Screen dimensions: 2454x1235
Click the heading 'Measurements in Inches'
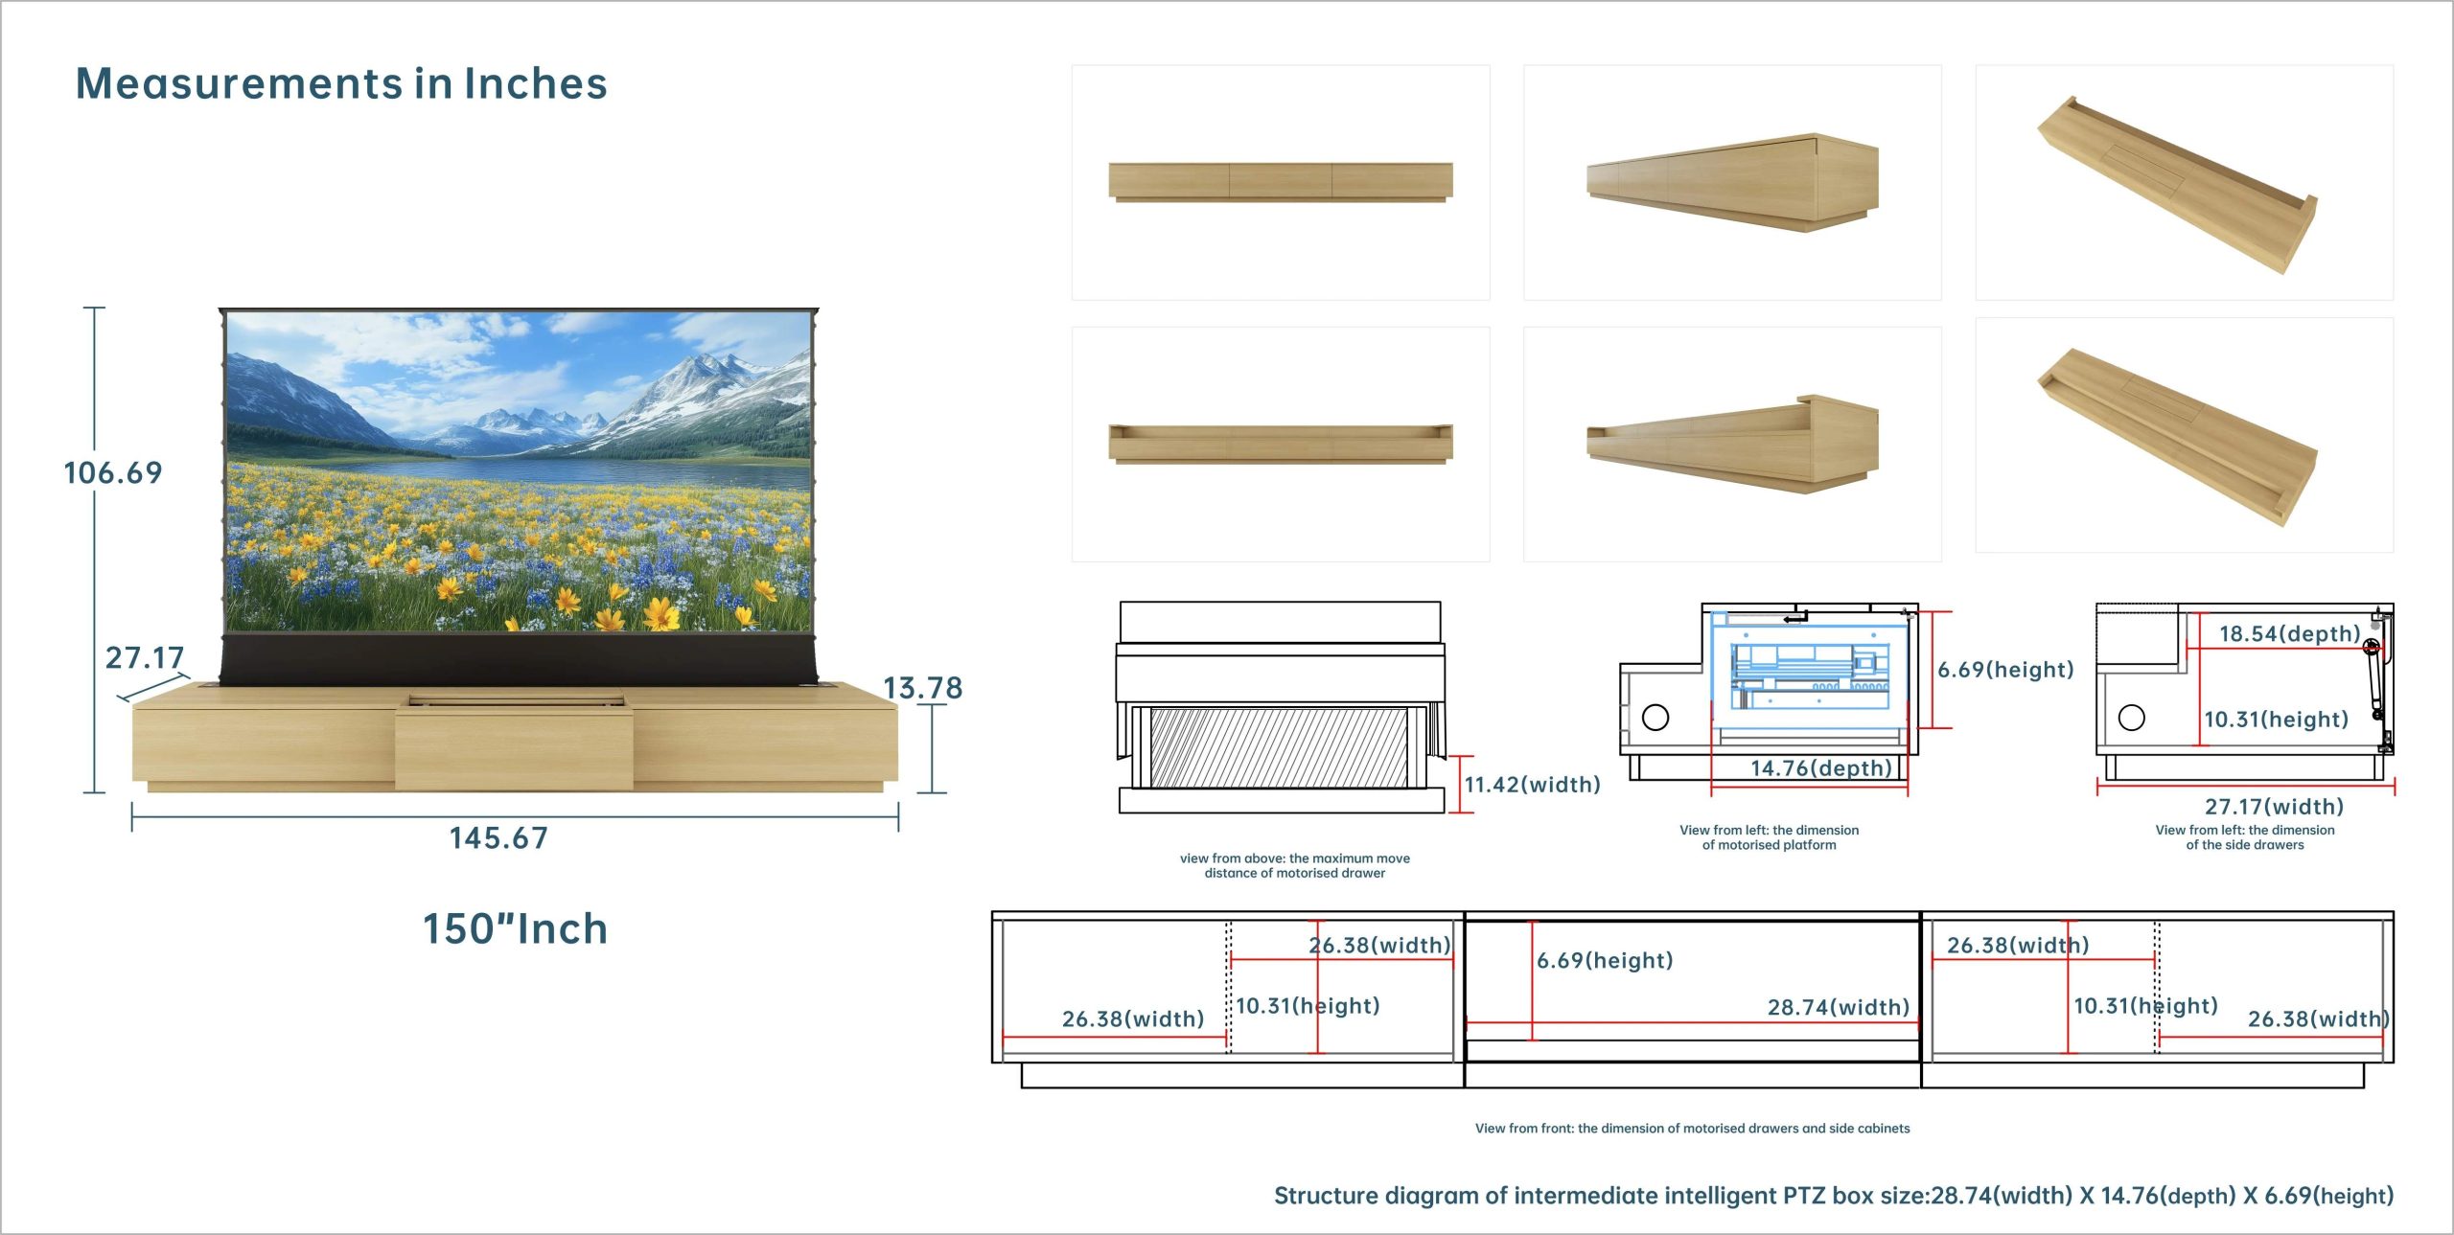pos(341,83)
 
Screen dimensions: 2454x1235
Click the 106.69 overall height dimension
pos(113,472)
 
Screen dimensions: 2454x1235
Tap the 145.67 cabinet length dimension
pos(498,838)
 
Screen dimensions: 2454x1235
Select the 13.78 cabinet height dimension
pos(922,688)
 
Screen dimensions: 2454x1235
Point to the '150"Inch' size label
pos(516,928)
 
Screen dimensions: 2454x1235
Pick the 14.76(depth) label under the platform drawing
pos(1821,768)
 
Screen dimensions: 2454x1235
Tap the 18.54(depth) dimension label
pos(2290,633)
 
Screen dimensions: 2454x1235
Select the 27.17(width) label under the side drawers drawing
pos(2274,807)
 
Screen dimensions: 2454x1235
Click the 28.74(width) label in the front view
pos(1839,1007)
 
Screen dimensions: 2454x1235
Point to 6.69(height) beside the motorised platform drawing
pos(2005,670)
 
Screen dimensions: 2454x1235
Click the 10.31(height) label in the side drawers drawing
pos(2276,720)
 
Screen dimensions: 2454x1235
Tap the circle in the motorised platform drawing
pos(1655,717)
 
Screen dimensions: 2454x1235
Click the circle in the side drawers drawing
pos(2132,718)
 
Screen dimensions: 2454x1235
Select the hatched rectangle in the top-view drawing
pos(1279,748)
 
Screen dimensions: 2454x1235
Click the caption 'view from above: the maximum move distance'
pos(1295,865)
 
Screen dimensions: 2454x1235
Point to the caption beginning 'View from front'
pos(1692,1129)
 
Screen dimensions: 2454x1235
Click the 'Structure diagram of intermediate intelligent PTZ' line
pos(1833,1196)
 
